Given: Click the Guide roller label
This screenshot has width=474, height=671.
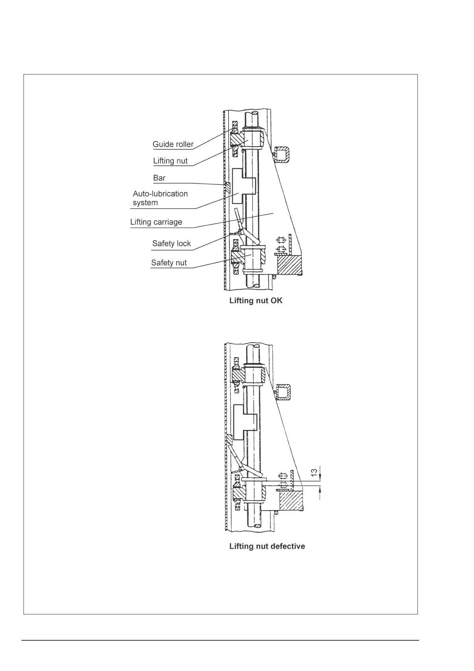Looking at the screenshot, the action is coord(173,144).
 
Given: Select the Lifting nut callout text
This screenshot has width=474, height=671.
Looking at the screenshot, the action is coord(170,161).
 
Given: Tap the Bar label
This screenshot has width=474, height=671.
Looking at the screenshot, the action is coord(159,178).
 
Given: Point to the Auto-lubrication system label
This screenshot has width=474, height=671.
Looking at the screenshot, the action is coord(160,198).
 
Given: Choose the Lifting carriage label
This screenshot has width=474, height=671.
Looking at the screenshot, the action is coord(156,222).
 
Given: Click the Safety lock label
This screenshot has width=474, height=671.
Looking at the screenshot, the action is coord(171,243).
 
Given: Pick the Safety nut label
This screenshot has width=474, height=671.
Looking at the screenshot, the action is coord(169,263).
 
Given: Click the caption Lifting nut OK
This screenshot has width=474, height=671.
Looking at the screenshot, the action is coord(256,301).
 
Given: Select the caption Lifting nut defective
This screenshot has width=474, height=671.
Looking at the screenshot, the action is coord(267,546).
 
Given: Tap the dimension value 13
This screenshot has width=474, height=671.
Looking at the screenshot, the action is coord(314,473).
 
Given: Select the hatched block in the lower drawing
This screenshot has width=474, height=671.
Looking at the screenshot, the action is coord(291,500).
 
